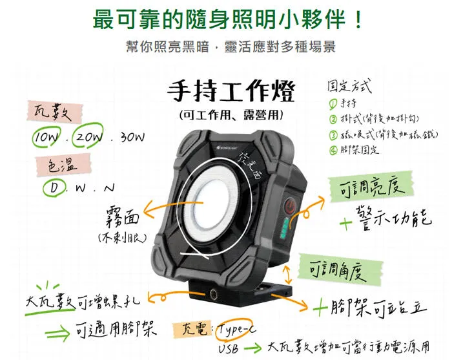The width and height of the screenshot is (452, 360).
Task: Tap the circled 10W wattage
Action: [46, 138]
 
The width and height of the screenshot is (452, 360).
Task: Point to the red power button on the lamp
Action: [291, 207]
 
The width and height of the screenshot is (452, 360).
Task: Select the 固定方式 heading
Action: [350, 85]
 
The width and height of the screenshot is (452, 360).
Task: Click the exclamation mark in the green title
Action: [358, 18]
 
